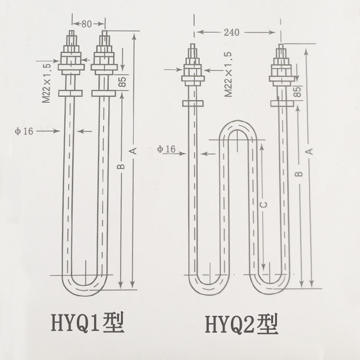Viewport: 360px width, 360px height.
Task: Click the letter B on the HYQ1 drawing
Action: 122,167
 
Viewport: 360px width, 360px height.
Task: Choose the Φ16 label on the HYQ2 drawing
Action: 166,149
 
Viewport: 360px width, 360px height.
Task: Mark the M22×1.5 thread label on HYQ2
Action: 228,74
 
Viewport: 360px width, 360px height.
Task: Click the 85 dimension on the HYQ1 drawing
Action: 122,82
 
